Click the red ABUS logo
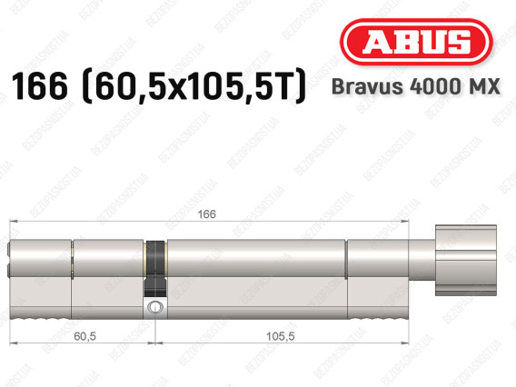(x=416, y=42)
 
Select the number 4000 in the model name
(x=433, y=86)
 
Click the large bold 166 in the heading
(x=39, y=86)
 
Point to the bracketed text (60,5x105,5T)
(x=194, y=86)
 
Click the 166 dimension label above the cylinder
(x=206, y=214)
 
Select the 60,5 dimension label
(x=84, y=336)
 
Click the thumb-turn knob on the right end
(x=466, y=260)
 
